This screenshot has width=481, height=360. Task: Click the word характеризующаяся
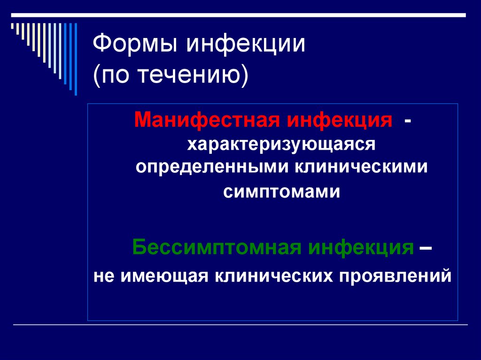coord(281,144)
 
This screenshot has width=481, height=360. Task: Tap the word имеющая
coord(164,276)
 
